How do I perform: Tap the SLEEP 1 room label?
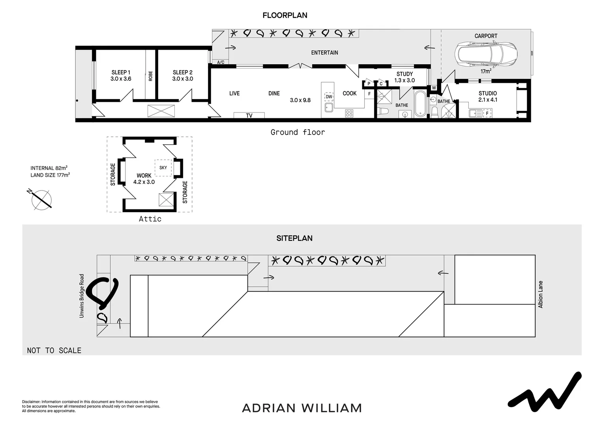click(x=121, y=75)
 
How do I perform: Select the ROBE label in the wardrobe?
click(x=150, y=76)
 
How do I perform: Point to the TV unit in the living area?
click(x=249, y=115)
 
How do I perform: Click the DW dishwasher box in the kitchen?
click(x=329, y=97)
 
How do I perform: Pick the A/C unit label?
click(x=221, y=62)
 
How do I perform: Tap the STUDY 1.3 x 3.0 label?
click(x=404, y=77)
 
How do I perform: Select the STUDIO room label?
click(x=488, y=96)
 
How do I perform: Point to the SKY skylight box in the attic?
click(x=163, y=168)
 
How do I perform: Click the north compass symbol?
click(x=41, y=199)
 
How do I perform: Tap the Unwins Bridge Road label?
click(x=82, y=296)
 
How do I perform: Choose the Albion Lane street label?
click(x=541, y=294)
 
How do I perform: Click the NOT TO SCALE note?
click(x=54, y=350)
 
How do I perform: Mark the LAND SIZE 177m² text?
click(x=50, y=175)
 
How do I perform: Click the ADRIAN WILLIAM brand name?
click(x=302, y=408)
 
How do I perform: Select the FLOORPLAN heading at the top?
click(x=285, y=15)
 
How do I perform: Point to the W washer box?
click(x=434, y=88)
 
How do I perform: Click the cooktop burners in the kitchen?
click(x=349, y=114)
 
